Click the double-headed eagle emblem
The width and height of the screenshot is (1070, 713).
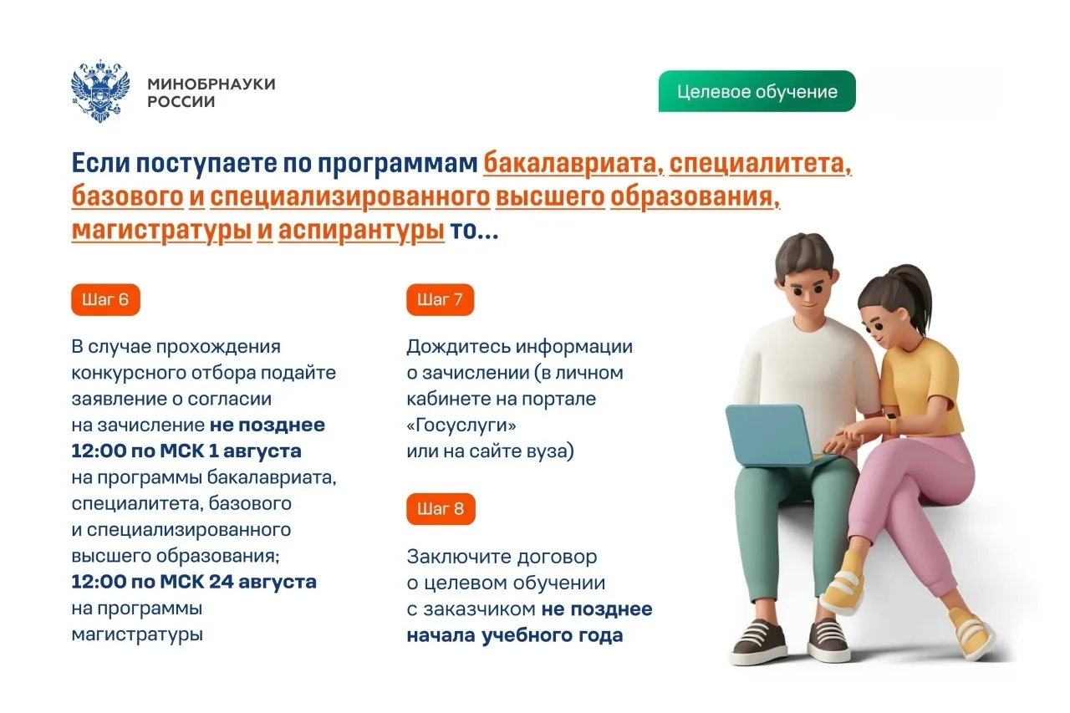100,91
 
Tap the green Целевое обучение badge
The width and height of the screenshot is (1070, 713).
757,91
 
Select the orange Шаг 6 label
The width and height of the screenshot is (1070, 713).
105,299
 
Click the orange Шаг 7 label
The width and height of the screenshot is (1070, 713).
440,299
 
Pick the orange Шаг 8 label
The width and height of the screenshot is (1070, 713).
441,508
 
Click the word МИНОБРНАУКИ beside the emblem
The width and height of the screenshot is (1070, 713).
211,84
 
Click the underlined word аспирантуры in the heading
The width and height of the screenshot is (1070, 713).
362,230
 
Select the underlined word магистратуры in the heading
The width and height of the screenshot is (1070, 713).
162,230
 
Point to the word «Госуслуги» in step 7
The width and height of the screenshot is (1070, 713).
461,425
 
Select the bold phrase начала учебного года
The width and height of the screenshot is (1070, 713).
515,635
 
